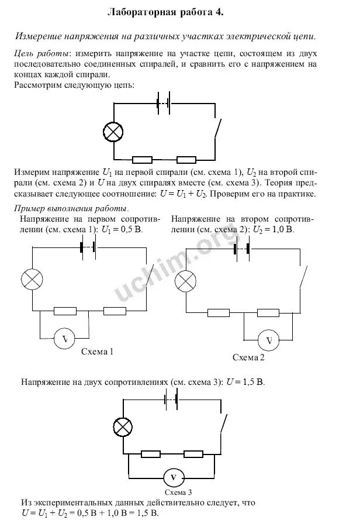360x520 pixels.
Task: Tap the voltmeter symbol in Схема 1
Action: click(x=65, y=338)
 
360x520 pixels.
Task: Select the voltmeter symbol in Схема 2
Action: click(x=269, y=340)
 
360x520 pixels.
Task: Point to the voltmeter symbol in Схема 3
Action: click(x=173, y=477)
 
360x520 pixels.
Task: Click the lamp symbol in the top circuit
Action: click(x=113, y=132)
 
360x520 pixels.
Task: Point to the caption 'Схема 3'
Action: click(x=173, y=493)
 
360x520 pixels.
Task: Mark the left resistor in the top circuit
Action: click(x=143, y=159)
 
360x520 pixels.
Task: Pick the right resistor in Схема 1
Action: click(x=115, y=311)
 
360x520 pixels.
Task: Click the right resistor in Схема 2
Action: click(x=268, y=313)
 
